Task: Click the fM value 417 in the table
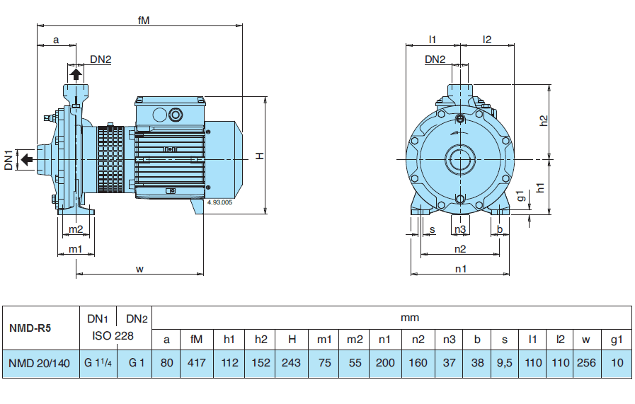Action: (197, 363)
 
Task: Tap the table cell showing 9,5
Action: (505, 363)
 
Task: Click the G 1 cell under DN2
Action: (137, 363)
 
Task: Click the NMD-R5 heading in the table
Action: (30, 328)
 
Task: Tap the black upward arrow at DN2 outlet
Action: (76, 73)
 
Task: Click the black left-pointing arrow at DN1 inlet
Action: (25, 159)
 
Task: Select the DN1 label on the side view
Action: (8, 160)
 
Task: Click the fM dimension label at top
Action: (143, 21)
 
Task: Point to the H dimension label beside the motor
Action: (260, 155)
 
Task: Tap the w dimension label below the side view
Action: (140, 268)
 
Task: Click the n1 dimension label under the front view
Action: (460, 268)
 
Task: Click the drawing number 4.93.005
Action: (219, 202)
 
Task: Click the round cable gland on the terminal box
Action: (173, 112)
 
